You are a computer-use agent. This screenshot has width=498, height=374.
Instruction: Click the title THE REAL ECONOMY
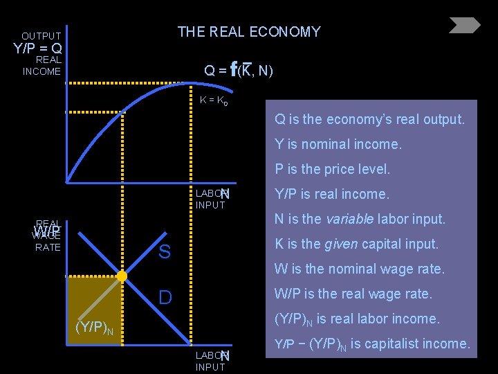pyautogui.click(x=249, y=32)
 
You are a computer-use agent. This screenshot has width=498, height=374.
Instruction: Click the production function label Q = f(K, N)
pyautogui.click(x=239, y=70)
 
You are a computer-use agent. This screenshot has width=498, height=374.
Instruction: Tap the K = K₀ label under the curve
pyautogui.click(x=214, y=100)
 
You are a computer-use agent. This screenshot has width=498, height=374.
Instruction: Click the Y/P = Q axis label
pyautogui.click(x=38, y=48)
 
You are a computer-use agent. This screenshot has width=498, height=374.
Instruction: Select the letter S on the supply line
pyautogui.click(x=164, y=252)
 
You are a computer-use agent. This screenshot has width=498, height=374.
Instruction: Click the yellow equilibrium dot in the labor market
pyautogui.click(x=122, y=276)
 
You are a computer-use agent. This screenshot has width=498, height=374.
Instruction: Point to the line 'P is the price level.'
pyautogui.click(x=332, y=169)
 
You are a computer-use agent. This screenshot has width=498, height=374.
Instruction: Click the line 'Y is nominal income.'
pyautogui.click(x=338, y=144)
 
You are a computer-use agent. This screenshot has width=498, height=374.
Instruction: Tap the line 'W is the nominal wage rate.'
pyautogui.click(x=359, y=269)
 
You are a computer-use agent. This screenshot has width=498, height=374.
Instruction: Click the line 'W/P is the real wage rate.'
pyautogui.click(x=353, y=294)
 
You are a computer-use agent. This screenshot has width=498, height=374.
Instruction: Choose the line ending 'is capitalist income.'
pyautogui.click(x=372, y=344)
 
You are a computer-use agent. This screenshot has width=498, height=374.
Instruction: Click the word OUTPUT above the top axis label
pyautogui.click(x=41, y=35)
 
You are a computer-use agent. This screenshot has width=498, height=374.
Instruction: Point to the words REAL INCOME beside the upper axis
pyautogui.click(x=41, y=66)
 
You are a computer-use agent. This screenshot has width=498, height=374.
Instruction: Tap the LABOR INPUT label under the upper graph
pyautogui.click(x=210, y=199)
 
